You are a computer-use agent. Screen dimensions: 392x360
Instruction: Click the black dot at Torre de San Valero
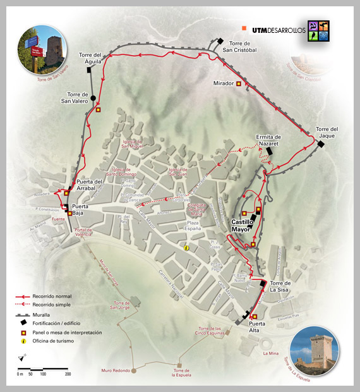pyautogui.click(x=93, y=98)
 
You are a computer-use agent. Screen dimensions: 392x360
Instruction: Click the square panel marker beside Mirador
pyautogui.click(x=239, y=83)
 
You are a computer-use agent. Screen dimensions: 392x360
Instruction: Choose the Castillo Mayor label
pyautogui.click(x=243, y=226)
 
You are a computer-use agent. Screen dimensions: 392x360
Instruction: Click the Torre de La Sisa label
pyautogui.click(x=282, y=286)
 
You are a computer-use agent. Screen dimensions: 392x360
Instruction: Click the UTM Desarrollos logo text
pyautogui.click(x=279, y=30)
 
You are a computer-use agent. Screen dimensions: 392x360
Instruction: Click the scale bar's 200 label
pyautogui.click(x=68, y=374)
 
